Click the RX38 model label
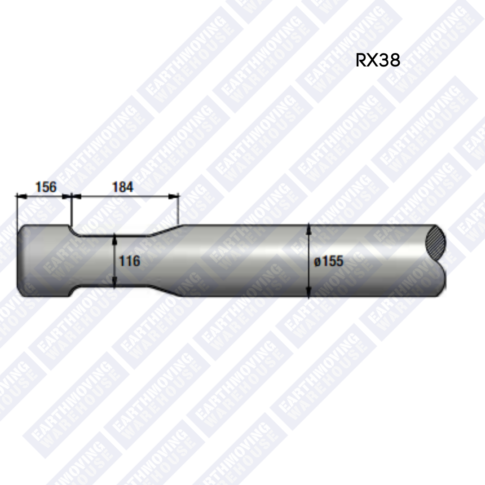click(378, 60)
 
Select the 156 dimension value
click(45, 186)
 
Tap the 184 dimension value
click(123, 187)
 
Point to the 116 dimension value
click(130, 260)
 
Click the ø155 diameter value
click(329, 261)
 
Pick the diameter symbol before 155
click(317, 261)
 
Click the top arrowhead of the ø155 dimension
click(309, 229)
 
